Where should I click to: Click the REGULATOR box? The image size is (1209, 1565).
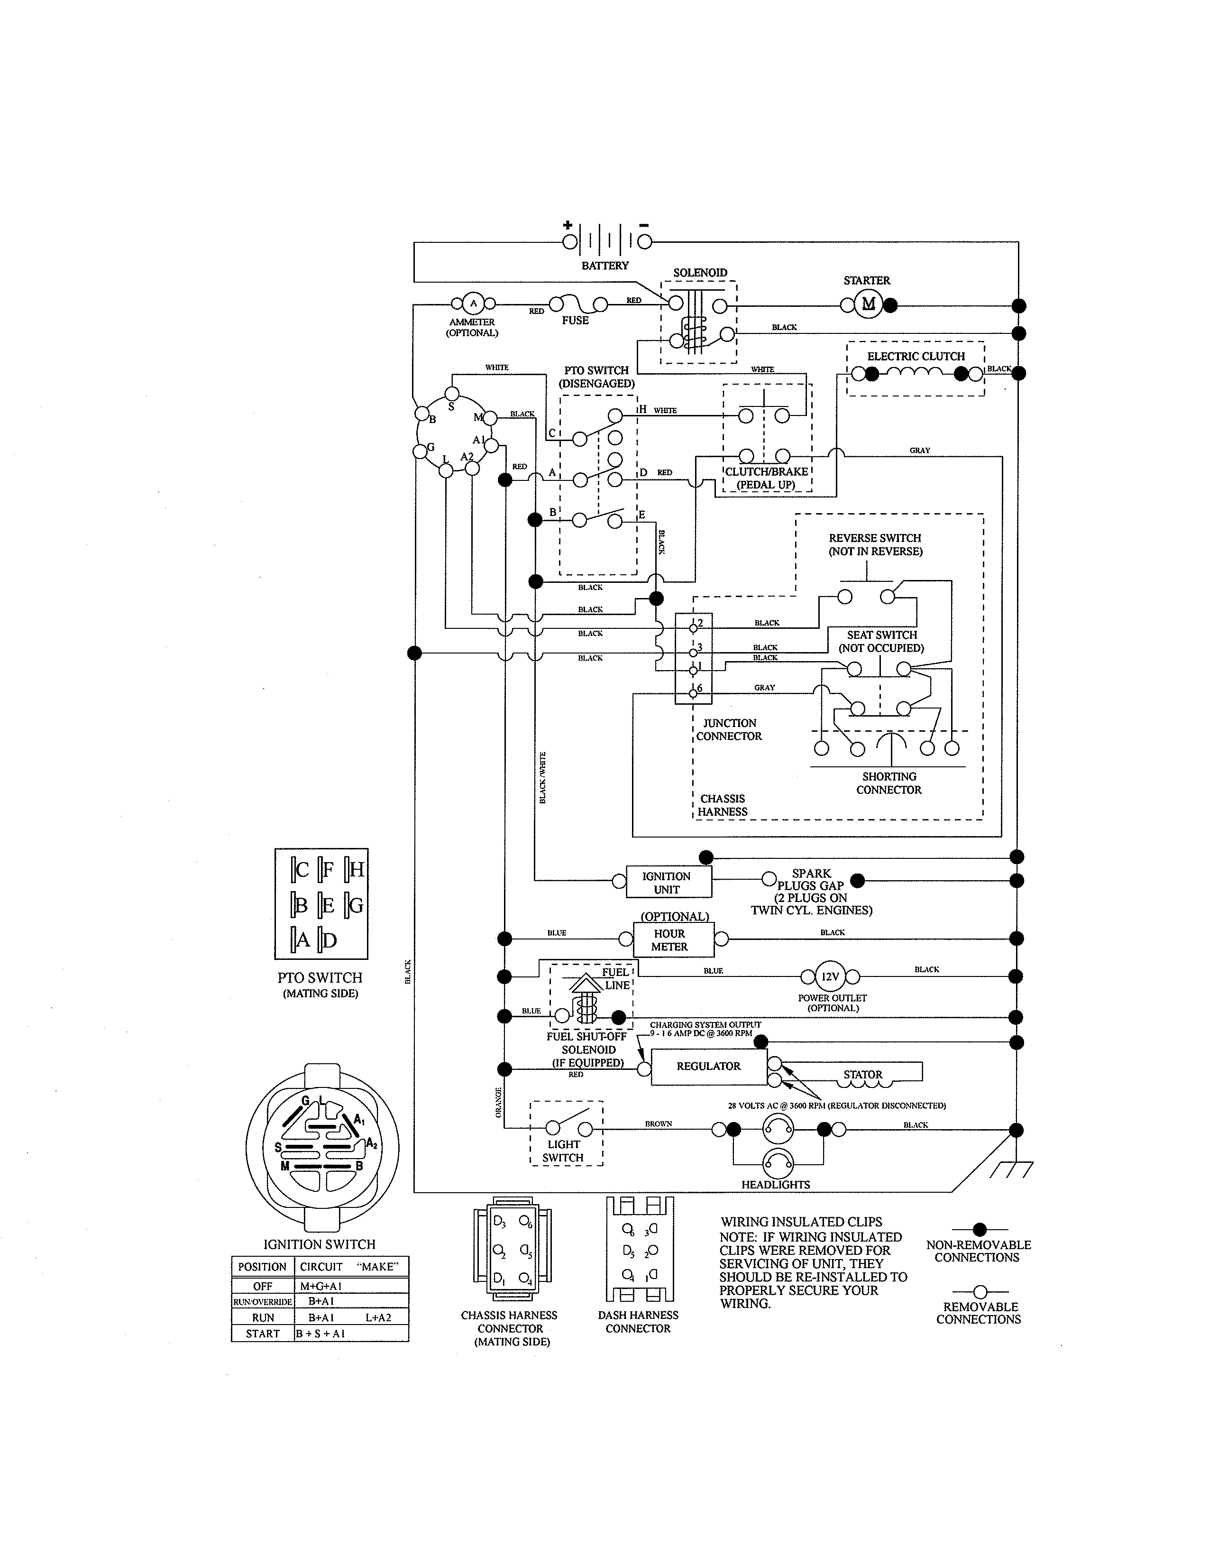(708, 1066)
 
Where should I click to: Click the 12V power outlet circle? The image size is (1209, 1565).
(830, 976)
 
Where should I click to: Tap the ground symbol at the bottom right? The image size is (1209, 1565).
(1011, 1169)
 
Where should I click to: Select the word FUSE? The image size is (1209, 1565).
(575, 320)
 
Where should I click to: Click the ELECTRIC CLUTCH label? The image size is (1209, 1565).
(916, 356)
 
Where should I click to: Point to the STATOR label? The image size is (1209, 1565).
(862, 1074)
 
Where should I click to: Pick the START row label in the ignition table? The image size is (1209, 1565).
(262, 1334)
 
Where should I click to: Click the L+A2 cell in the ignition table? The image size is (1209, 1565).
(378, 1317)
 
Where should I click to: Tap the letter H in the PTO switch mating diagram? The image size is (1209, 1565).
(356, 870)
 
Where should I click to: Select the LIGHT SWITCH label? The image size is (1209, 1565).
(564, 1151)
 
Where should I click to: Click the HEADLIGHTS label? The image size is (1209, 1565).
(776, 1185)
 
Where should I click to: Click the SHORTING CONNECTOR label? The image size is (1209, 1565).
(889, 783)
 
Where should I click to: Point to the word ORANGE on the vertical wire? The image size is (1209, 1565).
(498, 1103)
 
